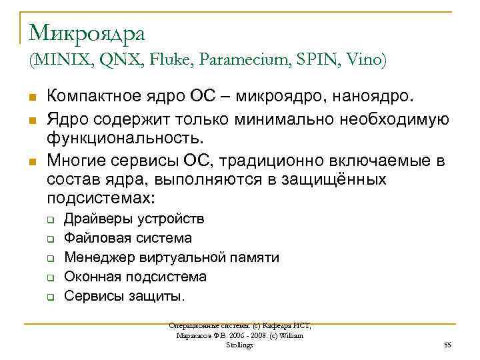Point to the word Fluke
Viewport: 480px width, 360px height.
pos(167,60)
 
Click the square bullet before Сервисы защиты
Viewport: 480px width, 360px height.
pos(50,295)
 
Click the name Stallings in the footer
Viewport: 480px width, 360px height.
pos(239,345)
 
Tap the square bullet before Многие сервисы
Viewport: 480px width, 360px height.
pos(33,161)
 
